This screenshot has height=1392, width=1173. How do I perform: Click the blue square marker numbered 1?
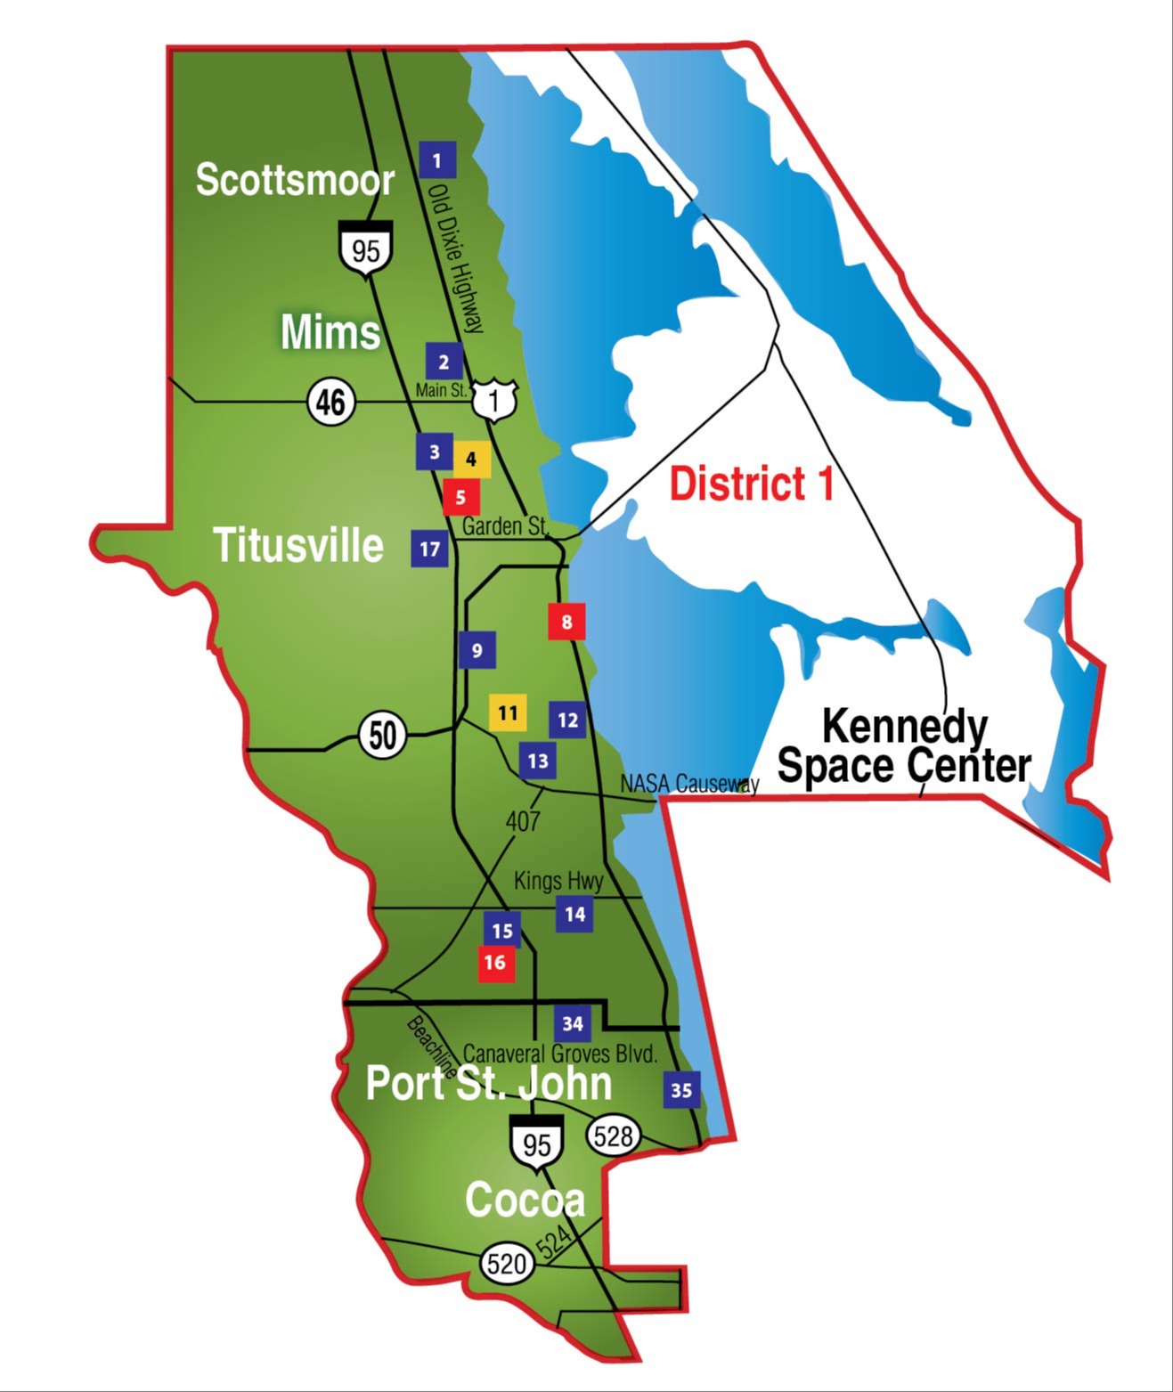coord(436,160)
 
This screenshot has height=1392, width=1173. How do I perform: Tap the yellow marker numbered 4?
coord(471,460)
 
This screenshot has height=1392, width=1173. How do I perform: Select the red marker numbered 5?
coord(460,497)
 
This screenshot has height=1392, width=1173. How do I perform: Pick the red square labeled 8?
coord(566,621)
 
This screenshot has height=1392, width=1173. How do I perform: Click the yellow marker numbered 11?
coord(508,712)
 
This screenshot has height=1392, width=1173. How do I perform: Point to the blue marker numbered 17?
coord(429,549)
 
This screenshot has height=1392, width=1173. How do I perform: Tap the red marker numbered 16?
coord(495,963)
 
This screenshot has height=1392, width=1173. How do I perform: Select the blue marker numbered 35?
coord(681,1089)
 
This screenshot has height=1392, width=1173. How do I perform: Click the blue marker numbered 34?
coord(573,1023)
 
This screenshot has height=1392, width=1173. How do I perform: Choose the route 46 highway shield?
coord(331,402)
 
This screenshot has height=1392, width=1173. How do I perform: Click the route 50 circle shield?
coord(383,736)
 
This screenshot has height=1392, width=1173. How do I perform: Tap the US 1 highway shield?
coord(495,400)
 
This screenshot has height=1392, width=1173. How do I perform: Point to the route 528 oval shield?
coord(614,1136)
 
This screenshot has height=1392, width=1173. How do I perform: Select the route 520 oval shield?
coord(507,1263)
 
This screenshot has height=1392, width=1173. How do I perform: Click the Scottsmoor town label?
coord(295,180)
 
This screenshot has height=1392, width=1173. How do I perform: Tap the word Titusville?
coord(298,545)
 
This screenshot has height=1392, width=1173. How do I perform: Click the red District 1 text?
coord(752,484)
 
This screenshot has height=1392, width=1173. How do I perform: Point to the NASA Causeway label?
coord(689,784)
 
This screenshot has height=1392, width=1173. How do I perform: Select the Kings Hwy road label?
coord(558,881)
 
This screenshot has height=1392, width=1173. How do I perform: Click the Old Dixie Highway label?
coord(455,258)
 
